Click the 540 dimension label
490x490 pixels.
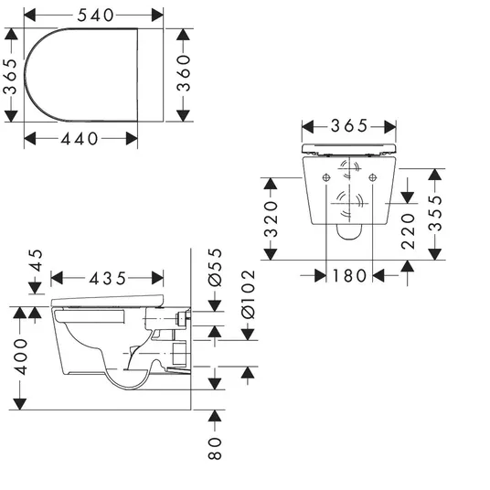[x=95, y=16]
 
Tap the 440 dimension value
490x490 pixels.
[x=80, y=139]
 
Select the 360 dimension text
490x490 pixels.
[x=184, y=73]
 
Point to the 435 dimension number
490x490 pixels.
[x=108, y=279]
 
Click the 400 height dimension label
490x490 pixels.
[x=22, y=357]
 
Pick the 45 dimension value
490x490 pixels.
[x=36, y=261]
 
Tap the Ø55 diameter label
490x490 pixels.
[x=215, y=268]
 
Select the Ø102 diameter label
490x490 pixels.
[x=249, y=294]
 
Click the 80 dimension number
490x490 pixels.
[x=215, y=449]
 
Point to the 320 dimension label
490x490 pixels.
[x=271, y=219]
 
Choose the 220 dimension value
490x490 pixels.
[x=408, y=231]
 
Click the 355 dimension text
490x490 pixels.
[x=435, y=213]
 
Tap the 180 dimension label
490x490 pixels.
[x=349, y=276]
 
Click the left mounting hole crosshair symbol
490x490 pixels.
[x=326, y=178]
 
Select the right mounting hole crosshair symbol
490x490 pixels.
[x=372, y=178]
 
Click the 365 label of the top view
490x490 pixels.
[x=10, y=76]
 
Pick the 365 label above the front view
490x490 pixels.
[x=349, y=126]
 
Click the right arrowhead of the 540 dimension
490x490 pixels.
[x=157, y=15]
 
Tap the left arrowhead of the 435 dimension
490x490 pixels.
[x=57, y=278]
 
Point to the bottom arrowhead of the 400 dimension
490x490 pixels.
[x=20, y=404]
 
